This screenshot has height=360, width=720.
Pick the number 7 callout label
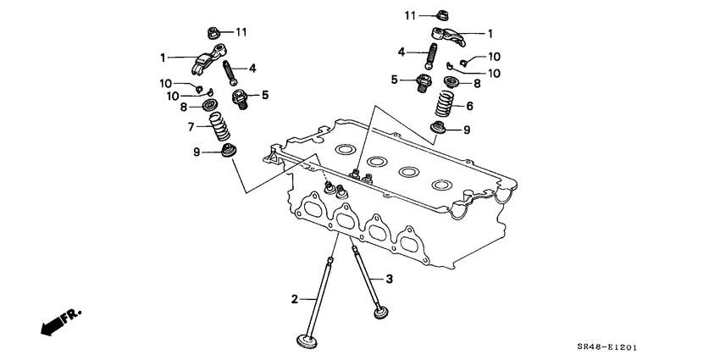(x=192, y=127)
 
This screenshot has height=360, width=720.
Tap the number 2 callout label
(x=295, y=298)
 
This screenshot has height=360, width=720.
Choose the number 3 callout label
(x=390, y=279)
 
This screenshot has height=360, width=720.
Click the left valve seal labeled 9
(x=227, y=153)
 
